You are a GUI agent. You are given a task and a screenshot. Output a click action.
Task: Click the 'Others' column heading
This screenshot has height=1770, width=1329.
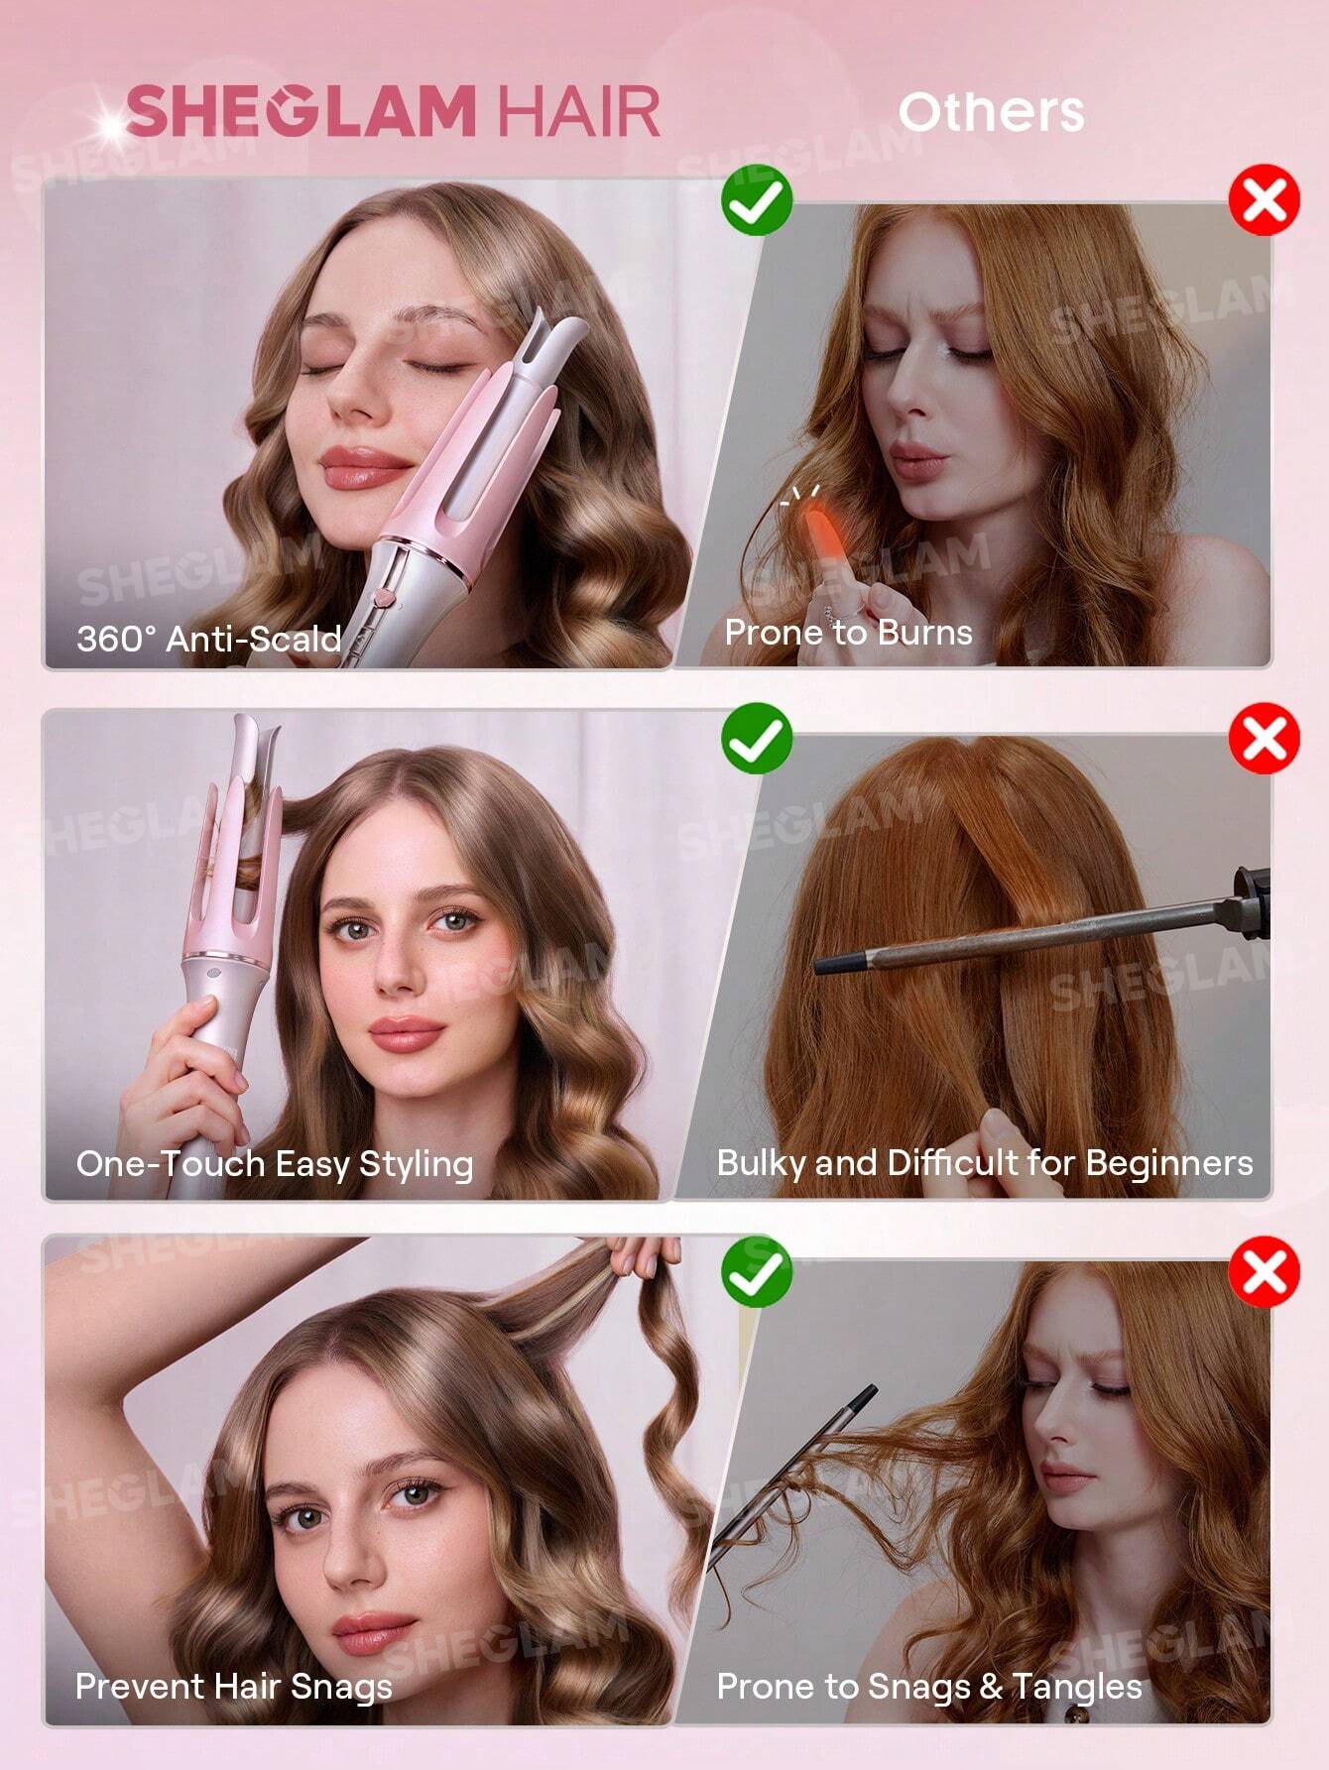pos(990,111)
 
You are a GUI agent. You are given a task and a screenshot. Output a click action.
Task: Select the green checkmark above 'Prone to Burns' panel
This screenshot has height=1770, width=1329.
pos(757,200)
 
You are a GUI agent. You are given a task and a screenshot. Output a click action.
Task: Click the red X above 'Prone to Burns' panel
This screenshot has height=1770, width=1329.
pos(1265,200)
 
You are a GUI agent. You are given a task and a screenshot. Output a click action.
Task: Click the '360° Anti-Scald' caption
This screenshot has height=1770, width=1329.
pos(208,639)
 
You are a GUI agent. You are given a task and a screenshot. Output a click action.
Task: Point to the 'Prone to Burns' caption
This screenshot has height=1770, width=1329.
pos(848,633)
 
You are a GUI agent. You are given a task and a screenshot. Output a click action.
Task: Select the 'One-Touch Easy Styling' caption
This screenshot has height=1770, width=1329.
pos(275,1163)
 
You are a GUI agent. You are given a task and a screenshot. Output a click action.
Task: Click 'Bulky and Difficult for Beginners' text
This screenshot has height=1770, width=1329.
pos(985,1162)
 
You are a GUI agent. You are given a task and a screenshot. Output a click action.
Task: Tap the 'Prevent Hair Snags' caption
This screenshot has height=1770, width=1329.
pos(234,1686)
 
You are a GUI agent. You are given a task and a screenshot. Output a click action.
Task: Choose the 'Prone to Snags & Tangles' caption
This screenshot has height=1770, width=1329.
pos(929,1686)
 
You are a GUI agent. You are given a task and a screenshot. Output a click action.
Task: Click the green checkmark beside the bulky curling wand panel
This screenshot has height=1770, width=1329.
pos(757,737)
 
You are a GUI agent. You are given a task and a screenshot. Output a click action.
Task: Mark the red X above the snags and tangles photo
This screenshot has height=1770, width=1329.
pos(1265,1271)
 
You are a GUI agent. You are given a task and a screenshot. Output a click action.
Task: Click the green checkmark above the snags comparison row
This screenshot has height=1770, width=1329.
pos(757,1271)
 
